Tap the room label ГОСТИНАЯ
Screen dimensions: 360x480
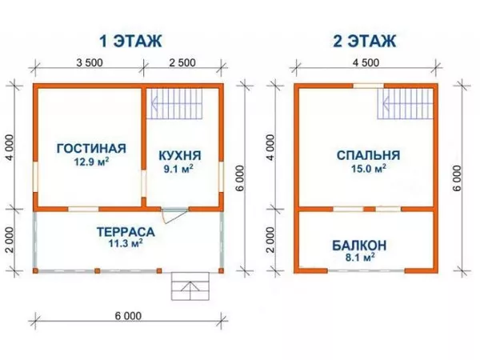(92, 148)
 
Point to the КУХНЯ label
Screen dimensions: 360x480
(180, 155)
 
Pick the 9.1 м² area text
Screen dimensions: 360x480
(180, 169)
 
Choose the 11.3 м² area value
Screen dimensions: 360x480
(126, 245)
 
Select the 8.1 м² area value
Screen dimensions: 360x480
(360, 258)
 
